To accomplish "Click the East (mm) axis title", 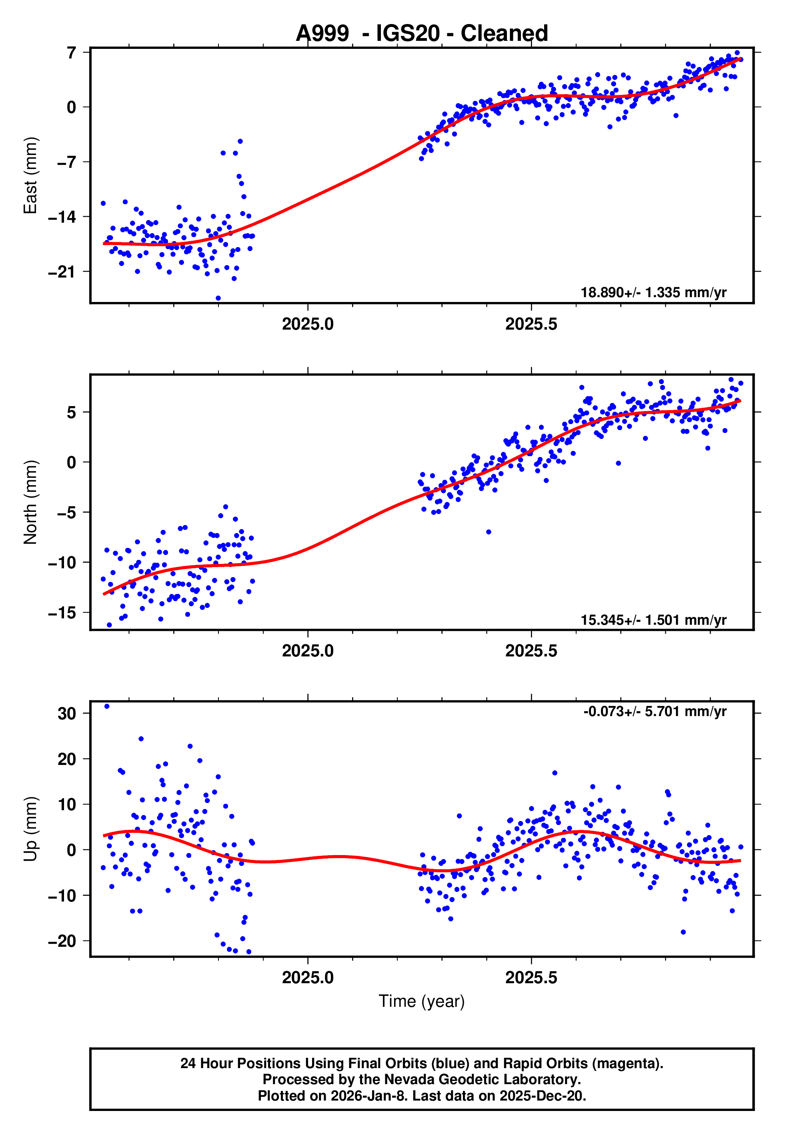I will point(30,175).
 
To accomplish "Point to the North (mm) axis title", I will point(30,502).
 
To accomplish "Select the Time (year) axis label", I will point(422,1001).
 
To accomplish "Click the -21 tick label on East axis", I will point(62,272).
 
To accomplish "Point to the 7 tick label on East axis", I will point(72,52).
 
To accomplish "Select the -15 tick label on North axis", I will point(62,613).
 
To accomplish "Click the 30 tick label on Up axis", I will point(66,713).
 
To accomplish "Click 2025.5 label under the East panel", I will point(531,324).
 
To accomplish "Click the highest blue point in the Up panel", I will point(107,706).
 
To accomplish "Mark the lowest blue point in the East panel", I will point(218,298).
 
